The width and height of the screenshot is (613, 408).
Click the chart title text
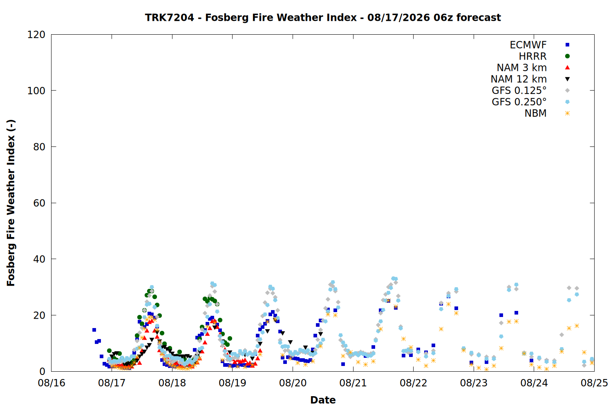pos(323,18)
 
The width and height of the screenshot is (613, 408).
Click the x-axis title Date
pos(323,400)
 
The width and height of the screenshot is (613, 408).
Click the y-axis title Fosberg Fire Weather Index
pos(11,203)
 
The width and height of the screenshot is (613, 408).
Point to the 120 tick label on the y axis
pos(36,35)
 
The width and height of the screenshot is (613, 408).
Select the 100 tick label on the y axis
pos(36,91)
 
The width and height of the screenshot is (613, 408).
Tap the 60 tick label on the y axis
pos(39,203)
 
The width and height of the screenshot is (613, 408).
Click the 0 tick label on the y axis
pos(43,371)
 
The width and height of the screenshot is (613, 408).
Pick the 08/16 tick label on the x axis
pos(51,383)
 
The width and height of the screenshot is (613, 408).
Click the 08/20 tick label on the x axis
pos(293,383)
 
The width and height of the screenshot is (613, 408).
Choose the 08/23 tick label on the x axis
pos(474,383)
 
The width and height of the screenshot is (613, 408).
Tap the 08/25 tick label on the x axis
pos(594,383)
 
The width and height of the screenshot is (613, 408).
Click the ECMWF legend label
pos(528,45)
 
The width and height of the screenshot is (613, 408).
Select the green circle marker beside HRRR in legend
pos(567,56)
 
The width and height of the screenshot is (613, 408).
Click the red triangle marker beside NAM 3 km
pos(567,67)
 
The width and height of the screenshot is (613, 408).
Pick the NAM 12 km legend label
pos(519,79)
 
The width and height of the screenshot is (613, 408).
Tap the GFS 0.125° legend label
pos(519,91)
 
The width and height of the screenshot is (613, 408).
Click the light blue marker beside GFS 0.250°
pos(567,102)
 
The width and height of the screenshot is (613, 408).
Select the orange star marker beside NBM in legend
pos(567,113)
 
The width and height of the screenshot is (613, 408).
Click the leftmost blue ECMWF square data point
pos(94,330)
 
